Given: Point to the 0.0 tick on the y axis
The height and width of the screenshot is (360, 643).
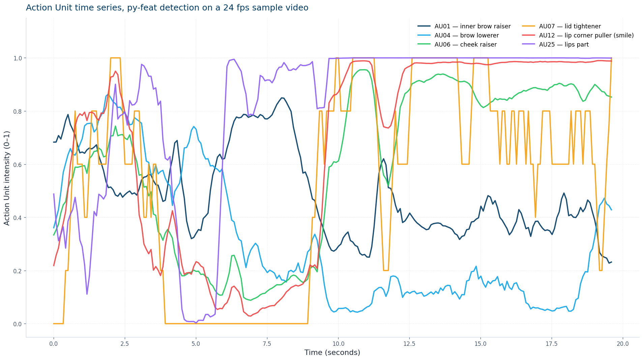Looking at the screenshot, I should coord(17,324).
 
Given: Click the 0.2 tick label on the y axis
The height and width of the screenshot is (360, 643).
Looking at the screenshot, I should coord(17,271).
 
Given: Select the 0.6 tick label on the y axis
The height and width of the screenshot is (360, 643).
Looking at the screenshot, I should coord(17,165).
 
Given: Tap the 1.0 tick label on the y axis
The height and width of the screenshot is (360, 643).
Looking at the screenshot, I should coord(17,58).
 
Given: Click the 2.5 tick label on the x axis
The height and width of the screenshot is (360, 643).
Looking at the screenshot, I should coord(125,344).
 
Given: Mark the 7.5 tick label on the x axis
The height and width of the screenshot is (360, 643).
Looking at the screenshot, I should coord(267,344).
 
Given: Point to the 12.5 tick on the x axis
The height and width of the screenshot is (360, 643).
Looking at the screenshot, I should coord(409,344).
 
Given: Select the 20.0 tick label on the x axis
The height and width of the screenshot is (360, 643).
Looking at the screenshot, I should coord(623,344).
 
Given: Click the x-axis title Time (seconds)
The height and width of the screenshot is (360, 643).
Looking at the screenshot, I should coord(332,353).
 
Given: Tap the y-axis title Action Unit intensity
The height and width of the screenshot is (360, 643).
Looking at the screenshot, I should coord(7,178).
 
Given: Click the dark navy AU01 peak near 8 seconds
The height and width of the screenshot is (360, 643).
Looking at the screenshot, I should coord(282,98).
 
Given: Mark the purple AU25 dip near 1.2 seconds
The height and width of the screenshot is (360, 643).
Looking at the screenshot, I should coord(87,294).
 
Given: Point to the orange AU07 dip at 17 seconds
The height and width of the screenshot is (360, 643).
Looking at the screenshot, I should coord(535,217).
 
